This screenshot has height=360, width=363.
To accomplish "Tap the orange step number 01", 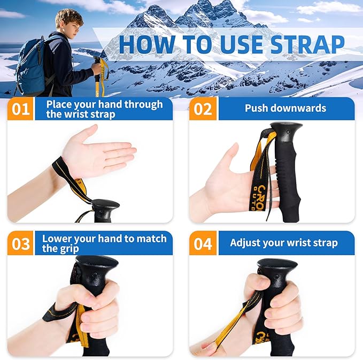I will click(21, 109).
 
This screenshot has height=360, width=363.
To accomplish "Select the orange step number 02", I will click(203, 109).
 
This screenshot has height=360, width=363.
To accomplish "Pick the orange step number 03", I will click(21, 244).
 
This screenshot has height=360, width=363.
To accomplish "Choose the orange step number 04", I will click(203, 244).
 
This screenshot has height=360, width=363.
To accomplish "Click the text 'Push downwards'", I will click(285, 109).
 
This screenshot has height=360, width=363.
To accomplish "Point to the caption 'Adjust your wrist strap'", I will click(283, 243).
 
